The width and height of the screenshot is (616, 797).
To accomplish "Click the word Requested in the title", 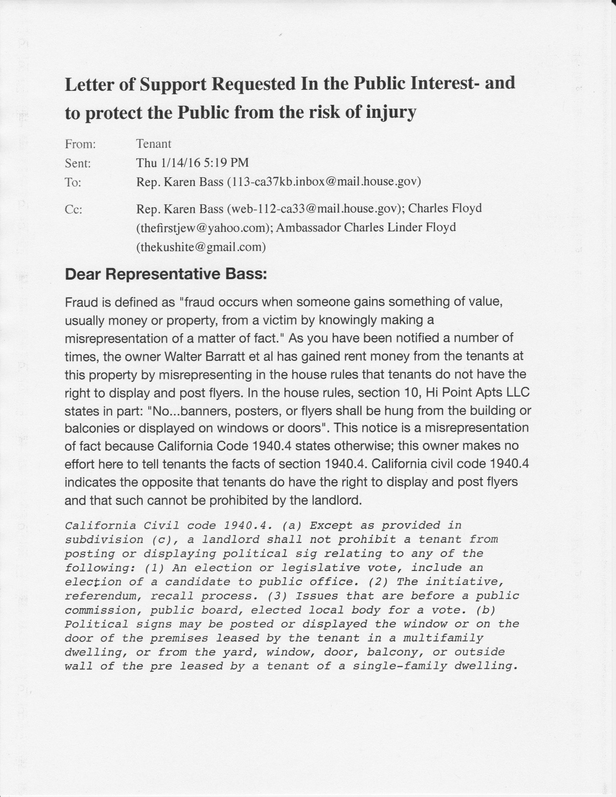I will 254,85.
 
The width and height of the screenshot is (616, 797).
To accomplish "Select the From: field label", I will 80,144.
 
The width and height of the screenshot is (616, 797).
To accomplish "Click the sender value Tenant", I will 154,144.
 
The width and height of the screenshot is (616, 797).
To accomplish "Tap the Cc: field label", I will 73,210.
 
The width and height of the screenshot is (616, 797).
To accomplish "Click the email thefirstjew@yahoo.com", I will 203,228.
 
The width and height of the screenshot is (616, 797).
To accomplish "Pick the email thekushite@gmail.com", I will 201,247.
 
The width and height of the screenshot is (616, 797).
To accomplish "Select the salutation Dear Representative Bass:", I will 166,274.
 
